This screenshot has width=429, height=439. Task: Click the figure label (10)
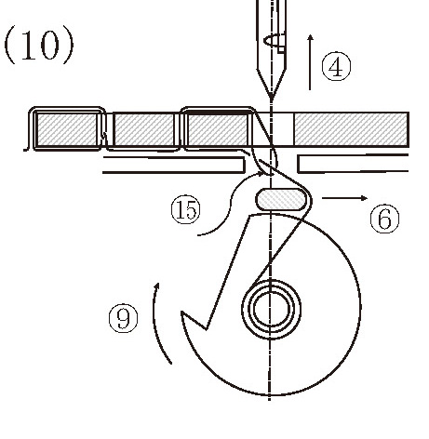coord(39,45)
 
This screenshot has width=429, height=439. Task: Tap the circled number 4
coord(336,67)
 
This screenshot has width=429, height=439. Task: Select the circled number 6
coord(384,219)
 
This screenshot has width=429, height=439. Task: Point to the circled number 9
coord(124,318)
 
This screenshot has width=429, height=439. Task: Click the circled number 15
coord(186,209)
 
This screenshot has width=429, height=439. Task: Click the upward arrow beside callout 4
coord(310,62)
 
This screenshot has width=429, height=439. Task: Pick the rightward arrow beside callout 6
coord(344,198)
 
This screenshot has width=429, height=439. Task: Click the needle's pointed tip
coord(272,100)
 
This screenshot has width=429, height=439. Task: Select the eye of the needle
coord(275,41)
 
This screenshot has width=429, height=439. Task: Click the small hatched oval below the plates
coord(280,199)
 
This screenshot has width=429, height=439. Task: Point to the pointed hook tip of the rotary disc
coord(181,313)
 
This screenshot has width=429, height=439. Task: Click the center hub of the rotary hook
coord(271,309)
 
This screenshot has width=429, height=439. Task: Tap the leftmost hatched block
coord(66,129)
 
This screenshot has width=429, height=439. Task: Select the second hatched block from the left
coord(144,129)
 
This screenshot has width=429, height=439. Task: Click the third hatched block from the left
coord(218,129)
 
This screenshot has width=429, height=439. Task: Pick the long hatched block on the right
coord(351,129)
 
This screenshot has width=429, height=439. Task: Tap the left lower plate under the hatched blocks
coord(174,165)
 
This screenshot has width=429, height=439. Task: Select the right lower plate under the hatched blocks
coord(353,163)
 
